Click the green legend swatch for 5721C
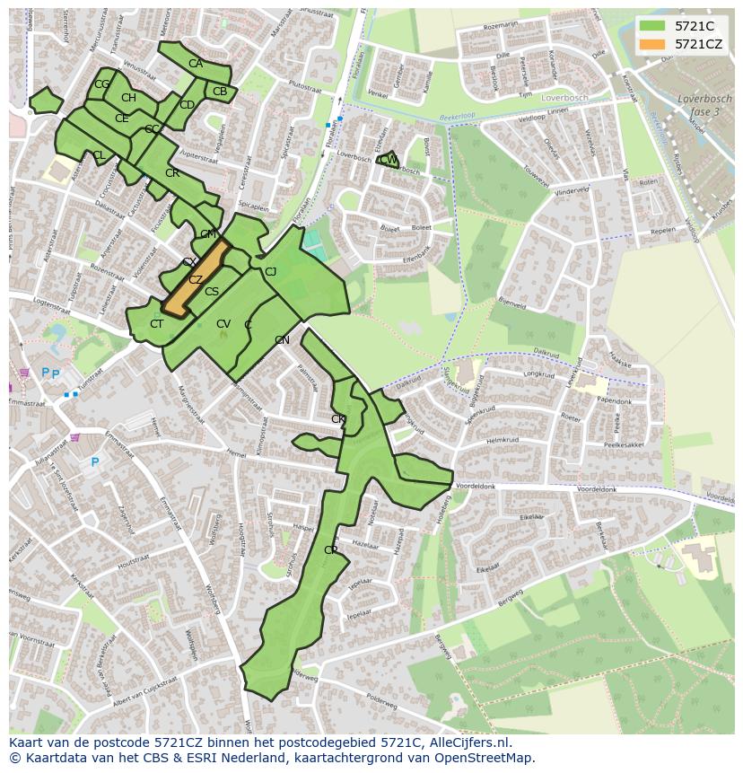(x=651, y=26)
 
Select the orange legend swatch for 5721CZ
(x=651, y=44)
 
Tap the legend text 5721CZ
(x=699, y=44)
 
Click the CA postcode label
(x=196, y=64)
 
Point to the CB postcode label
(x=220, y=92)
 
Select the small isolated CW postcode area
(x=389, y=161)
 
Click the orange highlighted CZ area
(x=195, y=279)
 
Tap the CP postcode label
(x=331, y=549)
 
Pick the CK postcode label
(x=338, y=419)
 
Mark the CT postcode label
(x=157, y=324)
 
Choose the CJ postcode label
(x=270, y=272)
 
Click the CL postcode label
(x=99, y=155)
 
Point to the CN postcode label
(x=282, y=340)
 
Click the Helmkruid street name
(x=503, y=441)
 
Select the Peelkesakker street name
(x=625, y=444)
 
